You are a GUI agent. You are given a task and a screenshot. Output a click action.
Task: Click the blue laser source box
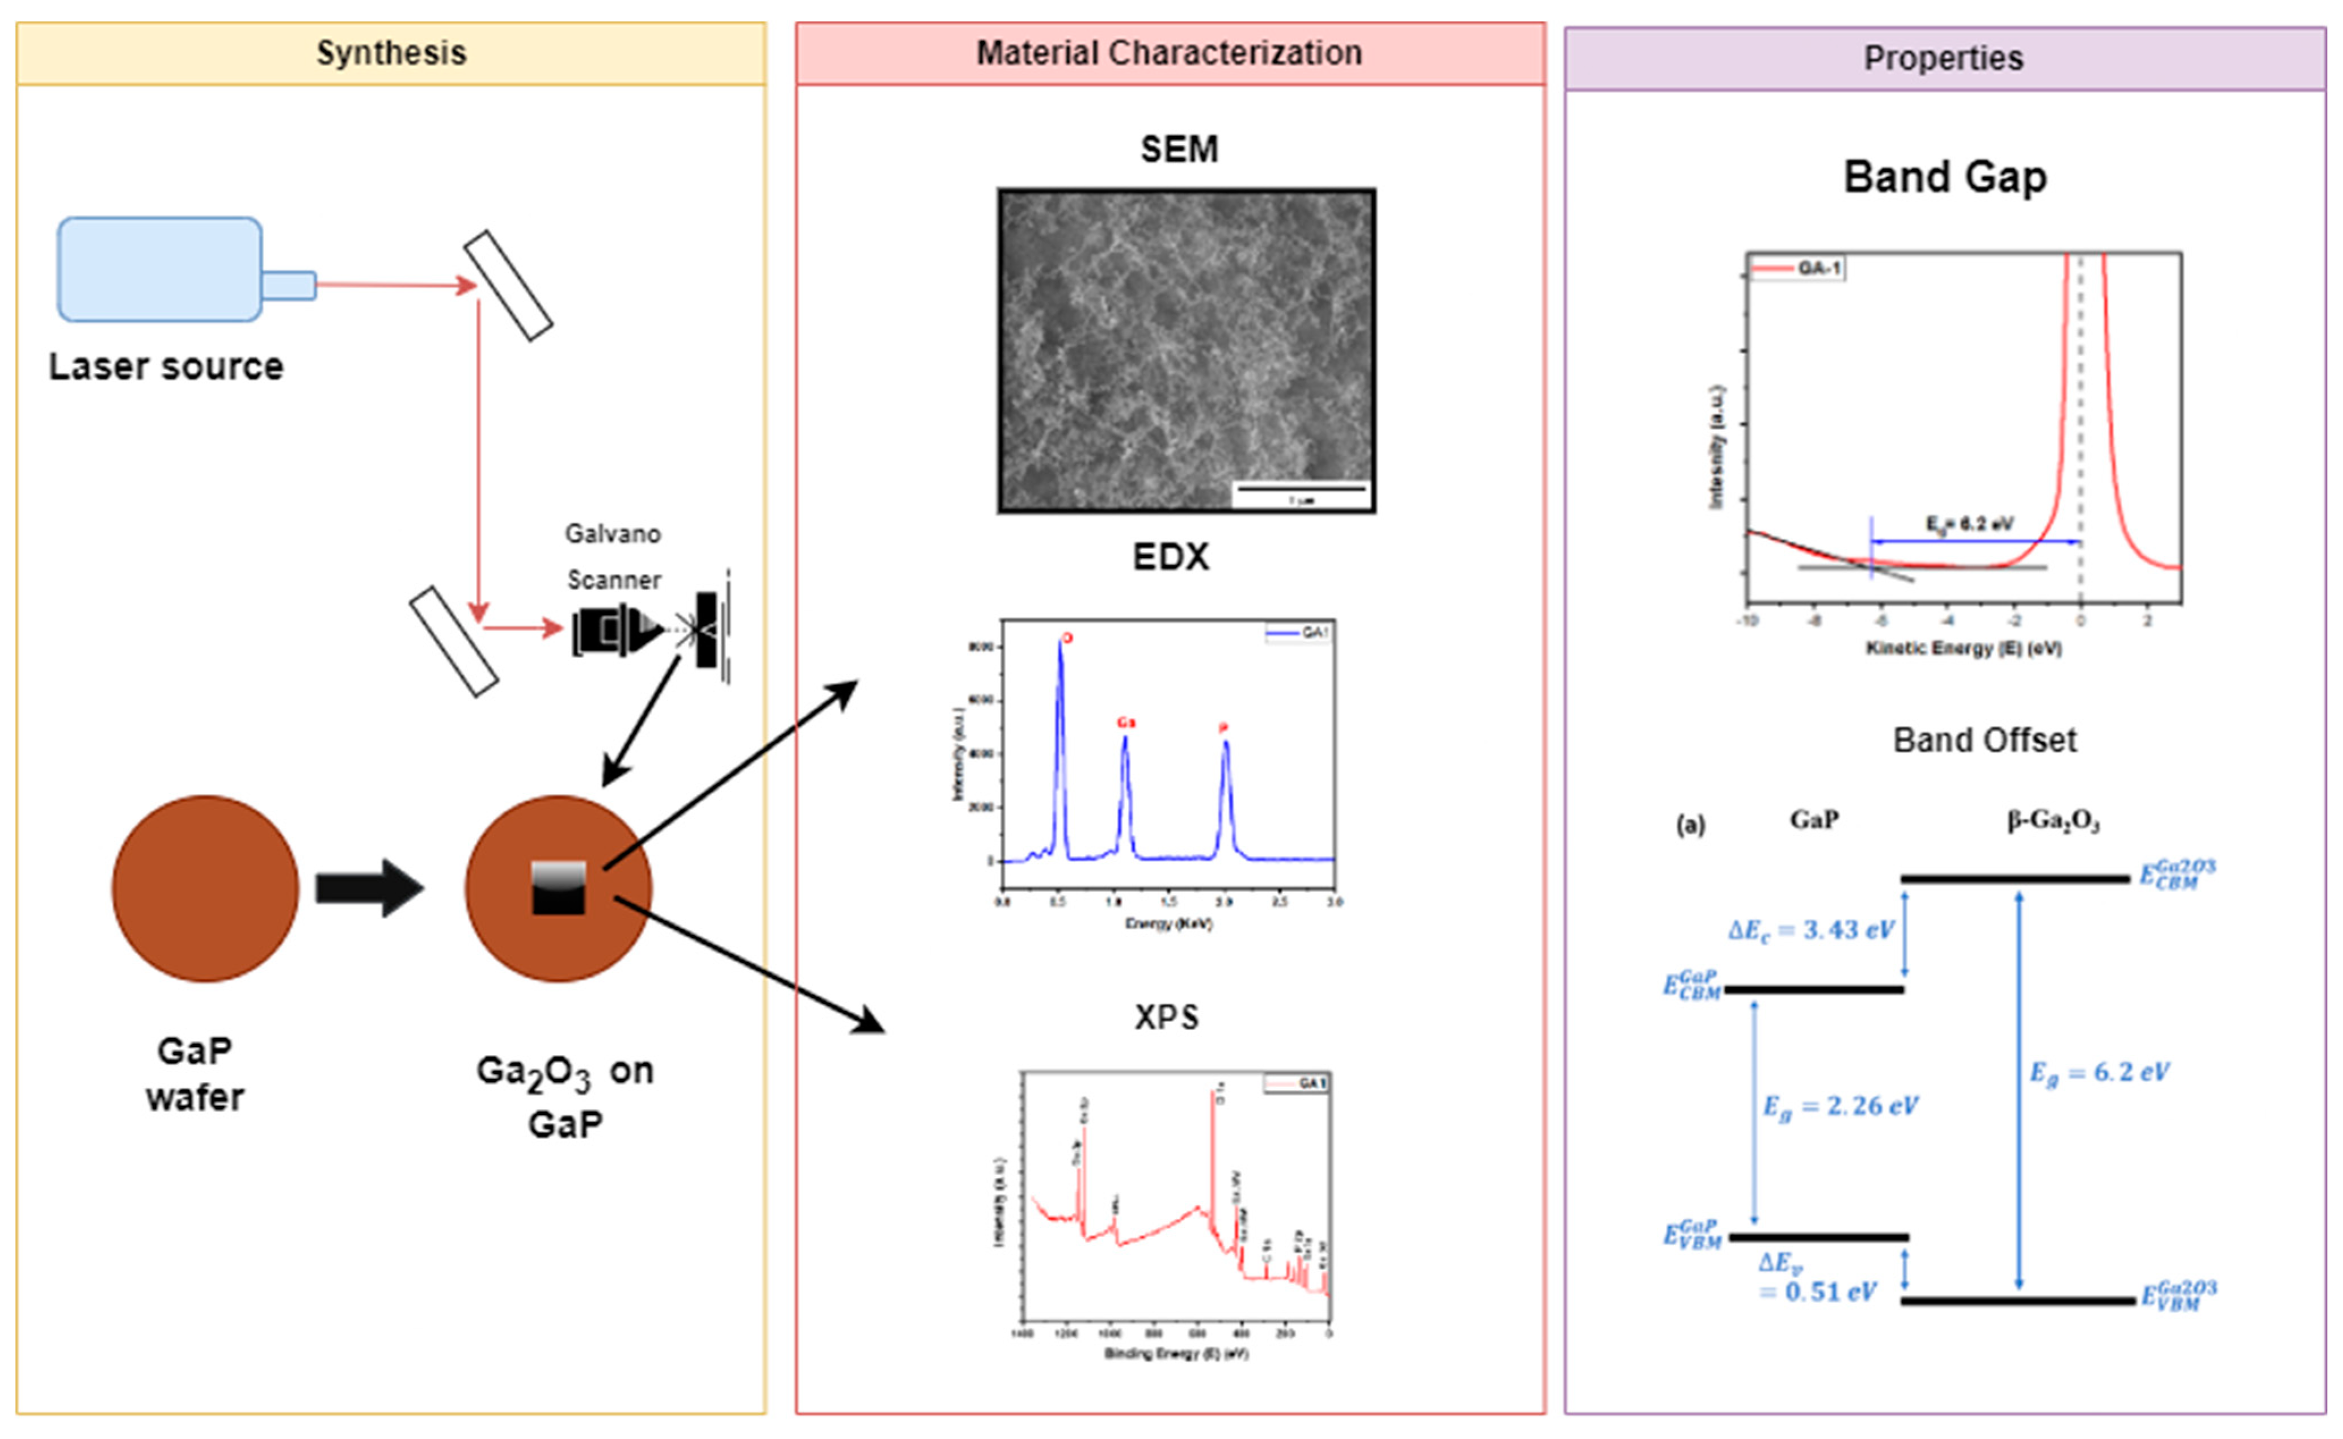tap(160, 269)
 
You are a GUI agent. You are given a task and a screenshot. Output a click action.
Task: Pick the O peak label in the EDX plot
tap(1067, 638)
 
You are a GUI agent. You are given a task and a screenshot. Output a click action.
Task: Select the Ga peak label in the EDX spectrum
tap(1126, 723)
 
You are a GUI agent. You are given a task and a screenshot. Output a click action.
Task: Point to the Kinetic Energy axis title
tap(1964, 648)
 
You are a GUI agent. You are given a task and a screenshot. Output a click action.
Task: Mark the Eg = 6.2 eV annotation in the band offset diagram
tap(2099, 1073)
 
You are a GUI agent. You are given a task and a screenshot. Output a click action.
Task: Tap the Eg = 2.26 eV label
tap(1839, 1106)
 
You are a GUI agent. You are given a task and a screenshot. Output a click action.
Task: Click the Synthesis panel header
tap(391, 53)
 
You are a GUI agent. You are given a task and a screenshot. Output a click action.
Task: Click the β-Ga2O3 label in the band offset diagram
tap(2053, 820)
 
